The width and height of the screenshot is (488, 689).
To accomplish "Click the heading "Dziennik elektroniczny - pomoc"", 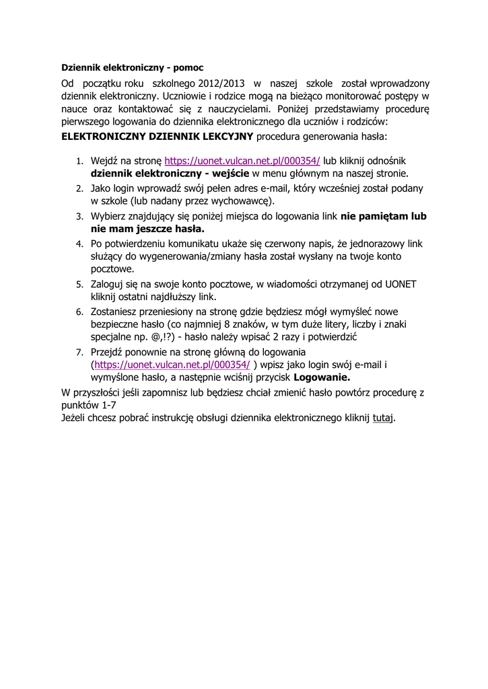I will pos(132,68).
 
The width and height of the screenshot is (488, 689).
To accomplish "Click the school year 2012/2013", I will pos(222,83).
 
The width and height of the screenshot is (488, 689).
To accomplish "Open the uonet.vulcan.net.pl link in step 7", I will pos(172,365).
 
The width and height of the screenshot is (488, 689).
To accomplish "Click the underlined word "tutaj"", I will pos(382,418).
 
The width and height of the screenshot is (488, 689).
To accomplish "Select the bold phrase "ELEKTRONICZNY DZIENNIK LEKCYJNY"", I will pos(158,137).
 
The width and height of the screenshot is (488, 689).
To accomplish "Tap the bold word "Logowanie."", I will pos(322,377).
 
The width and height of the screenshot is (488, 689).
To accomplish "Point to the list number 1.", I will pos(78,162).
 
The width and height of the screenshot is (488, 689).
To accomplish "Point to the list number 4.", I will pos(78,244).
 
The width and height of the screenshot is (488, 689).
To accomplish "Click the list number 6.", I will pos(78,312).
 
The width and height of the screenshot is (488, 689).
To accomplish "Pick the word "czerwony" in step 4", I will pos(286,244).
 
